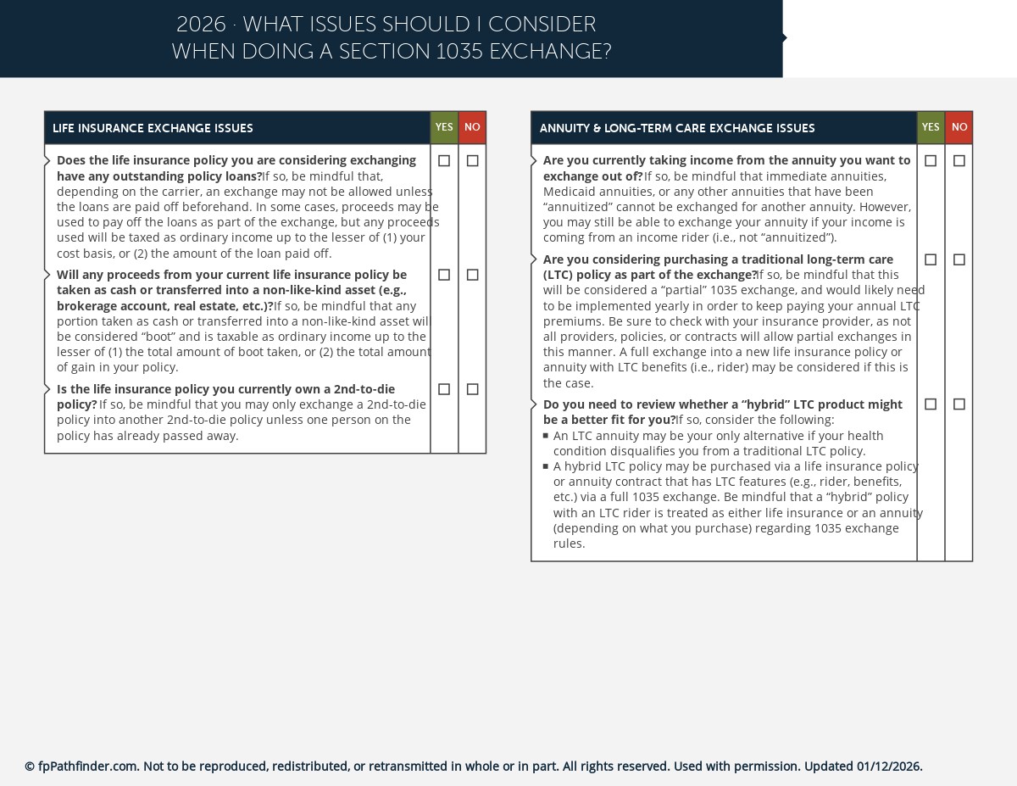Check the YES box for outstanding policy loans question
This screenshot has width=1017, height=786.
click(444, 161)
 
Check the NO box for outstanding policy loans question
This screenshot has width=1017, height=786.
click(473, 161)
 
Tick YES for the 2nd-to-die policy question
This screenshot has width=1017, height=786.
click(444, 389)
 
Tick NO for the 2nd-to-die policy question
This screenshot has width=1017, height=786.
click(473, 389)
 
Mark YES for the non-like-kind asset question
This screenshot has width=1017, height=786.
click(444, 275)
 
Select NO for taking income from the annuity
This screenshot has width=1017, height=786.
click(959, 161)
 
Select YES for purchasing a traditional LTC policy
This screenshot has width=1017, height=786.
click(931, 259)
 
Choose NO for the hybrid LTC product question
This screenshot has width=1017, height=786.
click(959, 404)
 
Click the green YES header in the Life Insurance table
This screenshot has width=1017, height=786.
click(444, 128)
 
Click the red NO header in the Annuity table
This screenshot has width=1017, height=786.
click(959, 128)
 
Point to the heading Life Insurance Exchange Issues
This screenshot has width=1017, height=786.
click(153, 129)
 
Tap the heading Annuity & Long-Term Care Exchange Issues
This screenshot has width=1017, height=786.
click(676, 129)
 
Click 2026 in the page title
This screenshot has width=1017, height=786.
click(201, 25)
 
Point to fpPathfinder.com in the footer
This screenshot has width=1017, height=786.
click(87, 766)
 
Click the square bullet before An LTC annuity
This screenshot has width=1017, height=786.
click(546, 436)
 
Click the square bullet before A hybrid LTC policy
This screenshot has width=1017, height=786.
click(546, 466)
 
